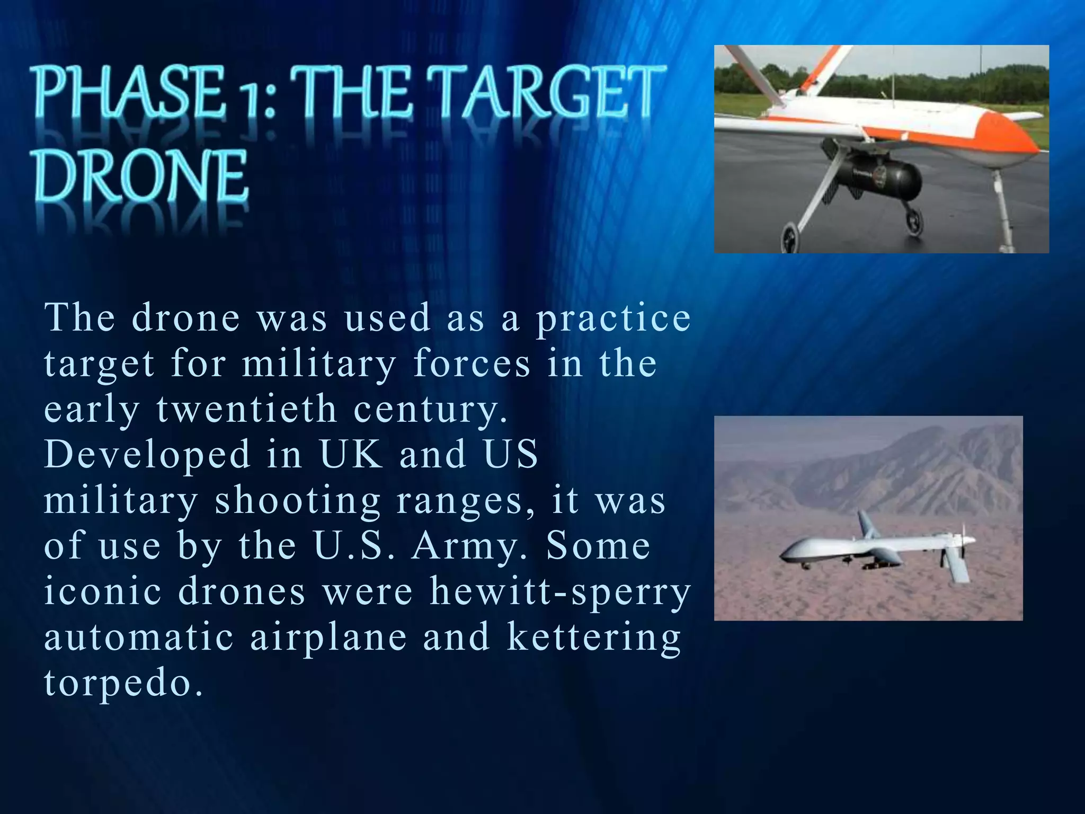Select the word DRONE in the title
click(x=141, y=176)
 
